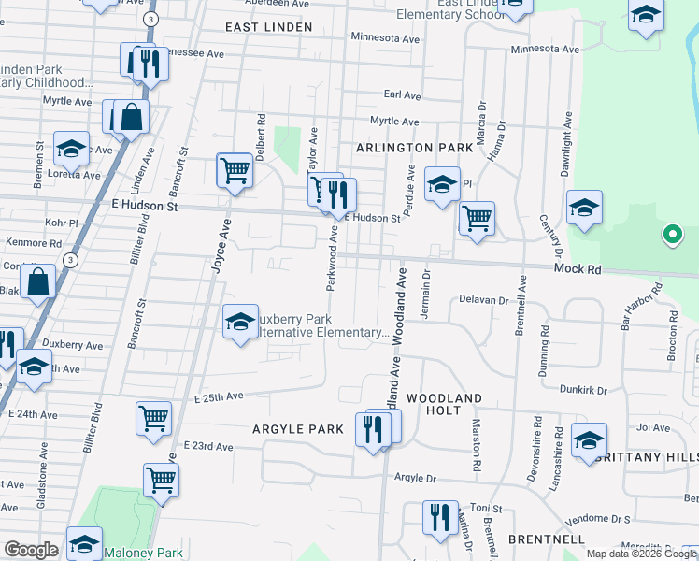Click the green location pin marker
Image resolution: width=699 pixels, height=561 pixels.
coord(671,235)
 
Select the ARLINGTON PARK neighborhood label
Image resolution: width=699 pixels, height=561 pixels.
coord(407,148)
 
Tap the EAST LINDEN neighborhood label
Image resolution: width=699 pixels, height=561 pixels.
coord(269,27)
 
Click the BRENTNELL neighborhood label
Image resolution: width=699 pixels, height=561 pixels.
coord(547,539)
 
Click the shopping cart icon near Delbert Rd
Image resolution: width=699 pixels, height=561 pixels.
coord(235,171)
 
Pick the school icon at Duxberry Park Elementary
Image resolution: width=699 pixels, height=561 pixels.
coord(240,323)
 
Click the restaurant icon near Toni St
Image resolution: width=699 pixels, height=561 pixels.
coord(438,517)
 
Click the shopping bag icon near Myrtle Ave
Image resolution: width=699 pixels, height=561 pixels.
coord(132,117)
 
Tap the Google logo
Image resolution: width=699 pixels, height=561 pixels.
coord(31,550)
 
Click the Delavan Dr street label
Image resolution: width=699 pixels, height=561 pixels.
coord(483,300)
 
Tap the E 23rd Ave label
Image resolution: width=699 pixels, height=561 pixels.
coord(208,446)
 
